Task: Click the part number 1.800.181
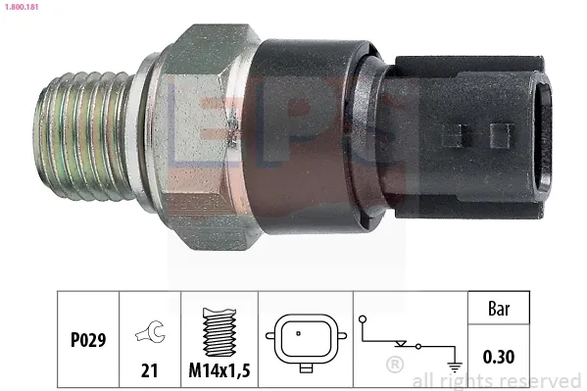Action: pos(21,6)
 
